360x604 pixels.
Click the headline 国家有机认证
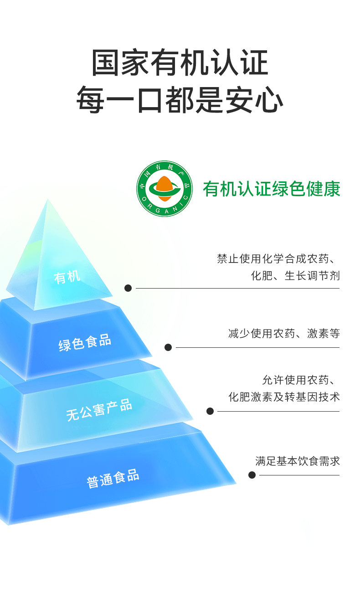180,63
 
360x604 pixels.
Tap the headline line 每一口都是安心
180,99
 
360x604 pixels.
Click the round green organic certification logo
165,189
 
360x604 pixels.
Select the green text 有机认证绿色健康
272,189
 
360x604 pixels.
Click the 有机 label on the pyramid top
67,277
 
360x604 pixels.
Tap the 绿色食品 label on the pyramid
85,342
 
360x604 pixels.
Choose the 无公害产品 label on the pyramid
99,409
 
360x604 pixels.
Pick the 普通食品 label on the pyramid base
113,478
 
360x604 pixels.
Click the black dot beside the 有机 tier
128,288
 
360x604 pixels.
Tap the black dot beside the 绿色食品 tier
168,347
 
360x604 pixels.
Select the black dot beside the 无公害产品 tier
210,411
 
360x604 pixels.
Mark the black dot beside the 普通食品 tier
252,475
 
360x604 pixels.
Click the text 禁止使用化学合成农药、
278,259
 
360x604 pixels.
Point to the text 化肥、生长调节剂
295,276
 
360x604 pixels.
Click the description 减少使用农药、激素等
284,333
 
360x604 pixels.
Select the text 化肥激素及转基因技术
284,397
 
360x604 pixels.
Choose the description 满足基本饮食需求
298,461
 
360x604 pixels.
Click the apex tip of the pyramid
47,200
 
